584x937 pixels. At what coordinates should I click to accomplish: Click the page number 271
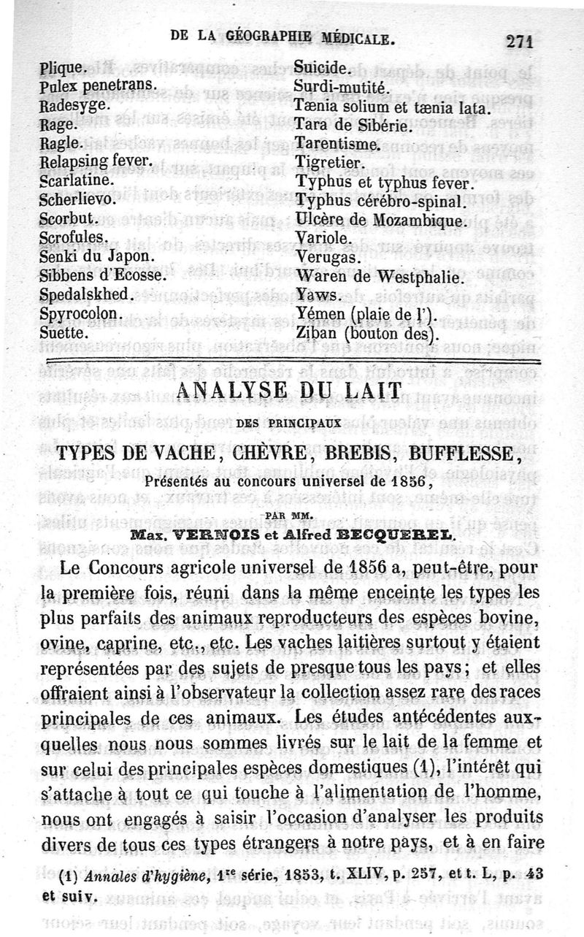[x=519, y=41]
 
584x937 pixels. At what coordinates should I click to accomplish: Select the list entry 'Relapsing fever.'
[x=96, y=161]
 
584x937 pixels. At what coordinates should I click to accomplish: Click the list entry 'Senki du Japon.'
[x=96, y=256]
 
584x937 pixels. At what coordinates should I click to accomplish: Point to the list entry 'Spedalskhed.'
[x=86, y=294]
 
